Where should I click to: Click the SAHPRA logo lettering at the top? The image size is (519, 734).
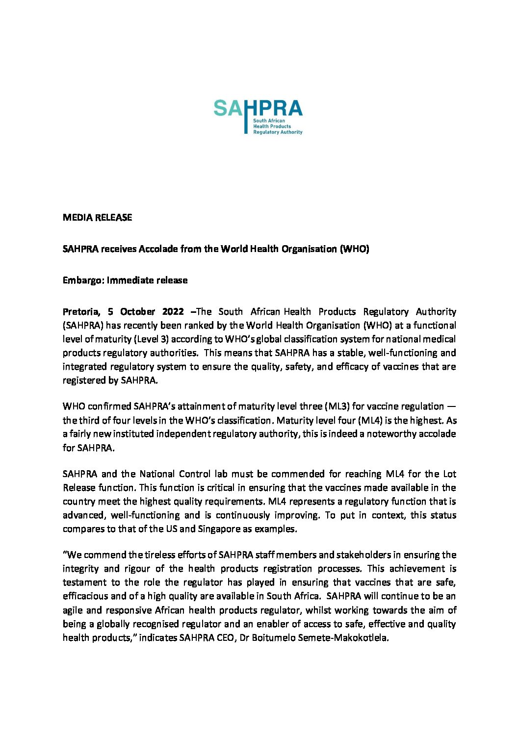(258, 108)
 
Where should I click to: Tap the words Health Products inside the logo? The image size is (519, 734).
(272, 126)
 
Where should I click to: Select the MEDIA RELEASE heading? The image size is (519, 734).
(97, 217)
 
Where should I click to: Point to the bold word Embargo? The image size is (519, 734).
(82, 280)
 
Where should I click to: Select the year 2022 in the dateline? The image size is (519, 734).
(173, 312)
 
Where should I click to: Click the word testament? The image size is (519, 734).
(84, 582)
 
